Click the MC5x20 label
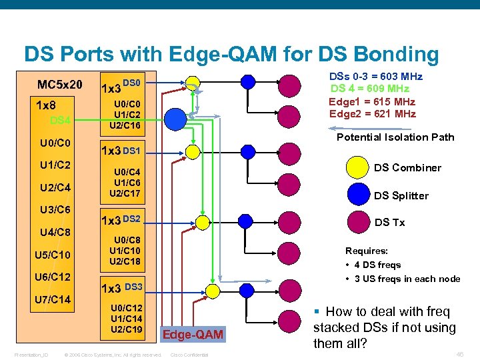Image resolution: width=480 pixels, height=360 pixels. [x=60, y=85]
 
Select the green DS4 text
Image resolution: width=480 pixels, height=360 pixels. [x=60, y=120]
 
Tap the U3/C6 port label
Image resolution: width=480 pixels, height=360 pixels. [x=55, y=210]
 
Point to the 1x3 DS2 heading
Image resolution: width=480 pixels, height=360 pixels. [x=120, y=219]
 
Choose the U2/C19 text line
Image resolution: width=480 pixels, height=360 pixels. [x=126, y=329]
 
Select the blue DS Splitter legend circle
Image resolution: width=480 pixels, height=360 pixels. [x=359, y=195]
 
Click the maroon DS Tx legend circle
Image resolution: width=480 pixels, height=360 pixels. [x=359, y=222]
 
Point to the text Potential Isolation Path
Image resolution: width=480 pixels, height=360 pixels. [x=395, y=137]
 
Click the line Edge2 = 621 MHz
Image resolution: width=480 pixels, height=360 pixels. [x=372, y=114]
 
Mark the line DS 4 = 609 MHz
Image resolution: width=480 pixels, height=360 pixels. [x=370, y=89]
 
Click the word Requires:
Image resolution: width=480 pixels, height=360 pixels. [x=366, y=251]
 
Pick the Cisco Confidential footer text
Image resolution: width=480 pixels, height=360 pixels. [x=189, y=355]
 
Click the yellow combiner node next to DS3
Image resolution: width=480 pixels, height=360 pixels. [x=212, y=291]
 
